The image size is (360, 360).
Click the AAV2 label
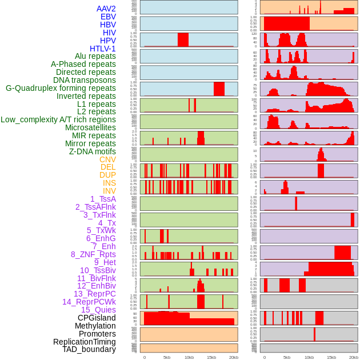pyautogui.click(x=106, y=9)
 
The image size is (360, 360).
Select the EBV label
pyautogui.click(x=108, y=17)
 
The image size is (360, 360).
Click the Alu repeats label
pyautogui.click(x=95, y=56)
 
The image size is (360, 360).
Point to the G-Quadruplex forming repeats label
pyautogui.click(x=61, y=88)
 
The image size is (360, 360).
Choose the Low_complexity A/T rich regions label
pyautogui.click(x=58, y=119)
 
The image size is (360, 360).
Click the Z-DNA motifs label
pyautogui.click(x=92, y=151)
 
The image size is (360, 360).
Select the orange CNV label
pyautogui.click(x=107, y=159)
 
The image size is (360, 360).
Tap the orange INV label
pyautogui.click(x=109, y=191)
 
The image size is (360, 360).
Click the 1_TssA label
pyautogui.click(x=103, y=199)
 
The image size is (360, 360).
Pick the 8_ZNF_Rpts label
pyautogui.click(x=93, y=254)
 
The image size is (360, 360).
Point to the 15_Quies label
pyautogui.click(x=98, y=310)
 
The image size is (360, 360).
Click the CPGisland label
pyautogui.click(x=97, y=318)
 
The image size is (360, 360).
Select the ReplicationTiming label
pyautogui.click(x=85, y=342)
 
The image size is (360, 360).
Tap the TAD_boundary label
pyautogui.click(x=89, y=349)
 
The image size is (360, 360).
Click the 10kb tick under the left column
pyautogui.click(x=189, y=357)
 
